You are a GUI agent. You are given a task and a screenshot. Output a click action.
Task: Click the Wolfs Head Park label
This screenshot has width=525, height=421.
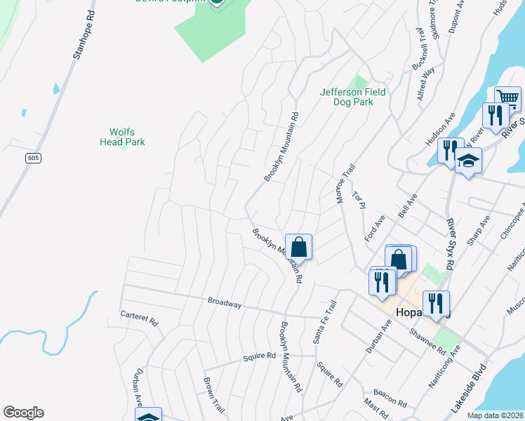point(127,136)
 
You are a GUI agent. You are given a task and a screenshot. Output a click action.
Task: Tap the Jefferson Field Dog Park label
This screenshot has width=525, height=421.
point(352,97)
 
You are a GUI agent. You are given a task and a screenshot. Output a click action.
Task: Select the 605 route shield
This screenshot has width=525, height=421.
point(33,159)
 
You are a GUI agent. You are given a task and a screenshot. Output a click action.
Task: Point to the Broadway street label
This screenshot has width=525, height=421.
point(225,304)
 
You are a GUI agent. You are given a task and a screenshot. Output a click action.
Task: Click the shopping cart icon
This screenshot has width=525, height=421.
point(507,98)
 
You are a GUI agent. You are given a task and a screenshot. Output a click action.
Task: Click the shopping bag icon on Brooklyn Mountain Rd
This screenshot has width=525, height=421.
point(298,246)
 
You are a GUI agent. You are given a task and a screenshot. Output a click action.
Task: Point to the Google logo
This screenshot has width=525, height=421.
point(23,413)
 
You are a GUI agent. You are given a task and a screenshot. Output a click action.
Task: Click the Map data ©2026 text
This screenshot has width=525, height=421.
point(494,415)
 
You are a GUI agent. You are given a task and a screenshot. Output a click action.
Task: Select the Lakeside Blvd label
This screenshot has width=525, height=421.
point(467,387)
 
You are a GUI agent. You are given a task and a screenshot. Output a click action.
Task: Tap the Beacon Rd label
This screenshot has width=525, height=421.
point(390,397)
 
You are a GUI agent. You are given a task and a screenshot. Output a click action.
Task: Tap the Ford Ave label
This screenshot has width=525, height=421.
point(374,229)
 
